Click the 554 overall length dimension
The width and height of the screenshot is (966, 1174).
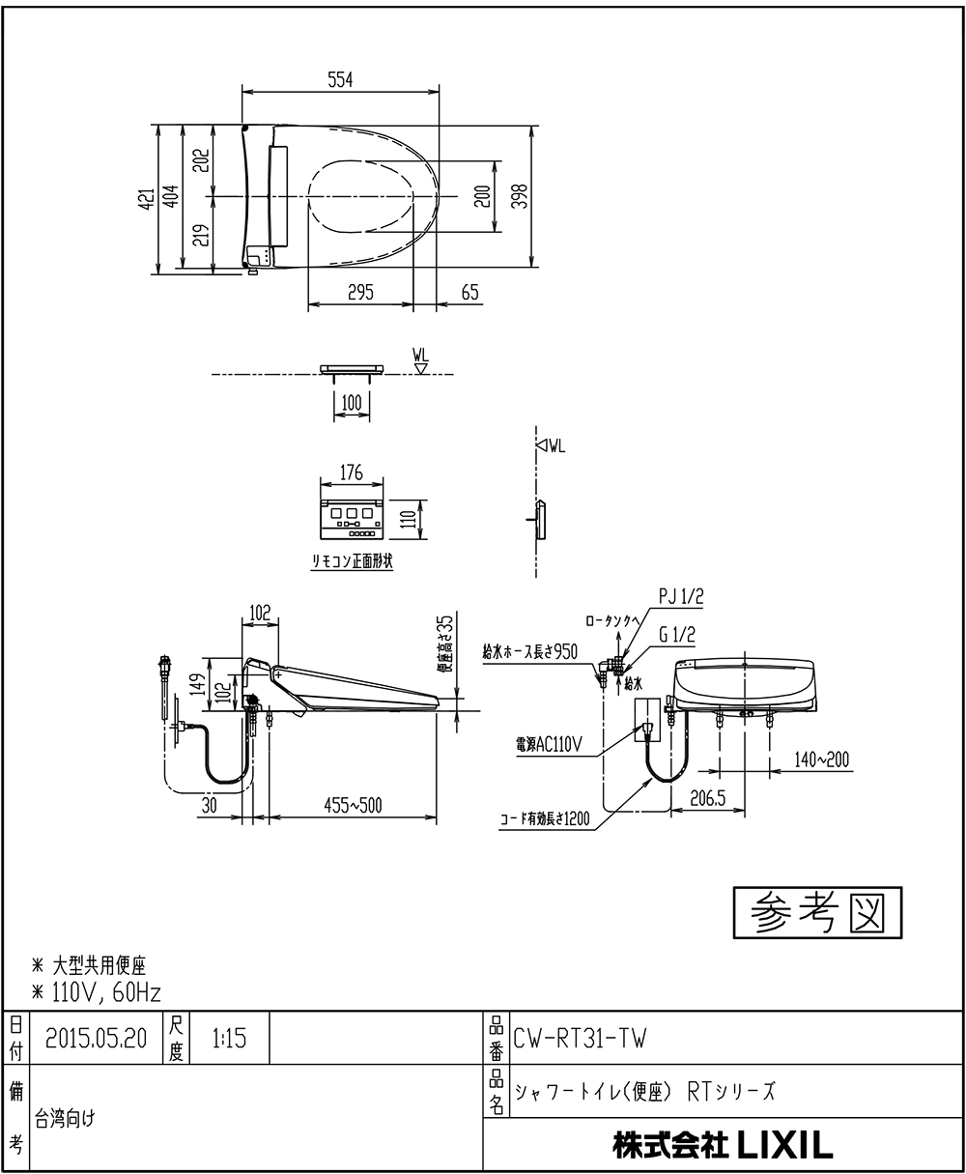339,81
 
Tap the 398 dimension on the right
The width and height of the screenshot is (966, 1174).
519,196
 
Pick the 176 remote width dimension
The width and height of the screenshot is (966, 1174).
352,472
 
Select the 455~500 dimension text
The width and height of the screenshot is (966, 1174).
353,804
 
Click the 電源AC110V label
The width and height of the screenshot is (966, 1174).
549,744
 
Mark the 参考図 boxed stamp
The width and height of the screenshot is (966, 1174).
817,912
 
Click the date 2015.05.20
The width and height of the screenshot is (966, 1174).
96,1039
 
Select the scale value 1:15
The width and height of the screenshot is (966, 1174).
229,1039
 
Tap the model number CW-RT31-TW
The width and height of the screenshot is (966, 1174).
580,1039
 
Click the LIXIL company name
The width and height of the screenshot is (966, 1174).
723,1146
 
